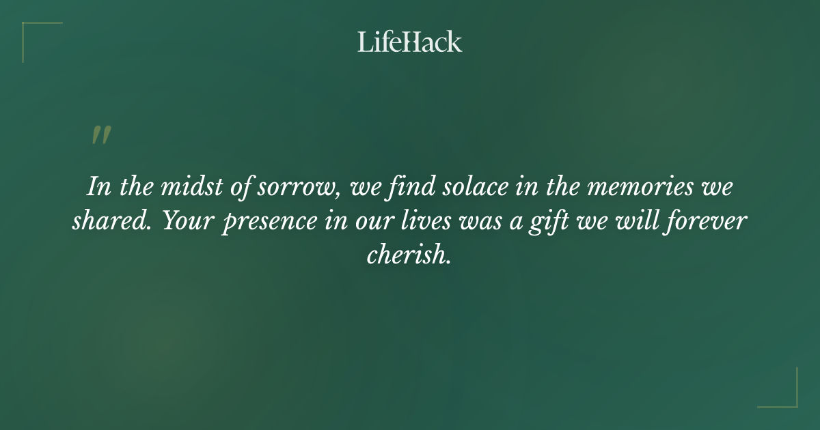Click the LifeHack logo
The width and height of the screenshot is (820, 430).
pyautogui.click(x=410, y=42)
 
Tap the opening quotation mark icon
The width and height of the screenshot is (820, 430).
pyautogui.click(x=100, y=135)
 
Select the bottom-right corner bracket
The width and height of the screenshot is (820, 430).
pyautogui.click(x=785, y=395)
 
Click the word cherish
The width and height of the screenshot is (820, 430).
pyautogui.click(x=409, y=255)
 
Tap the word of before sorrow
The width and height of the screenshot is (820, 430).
pyautogui.click(x=242, y=187)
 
